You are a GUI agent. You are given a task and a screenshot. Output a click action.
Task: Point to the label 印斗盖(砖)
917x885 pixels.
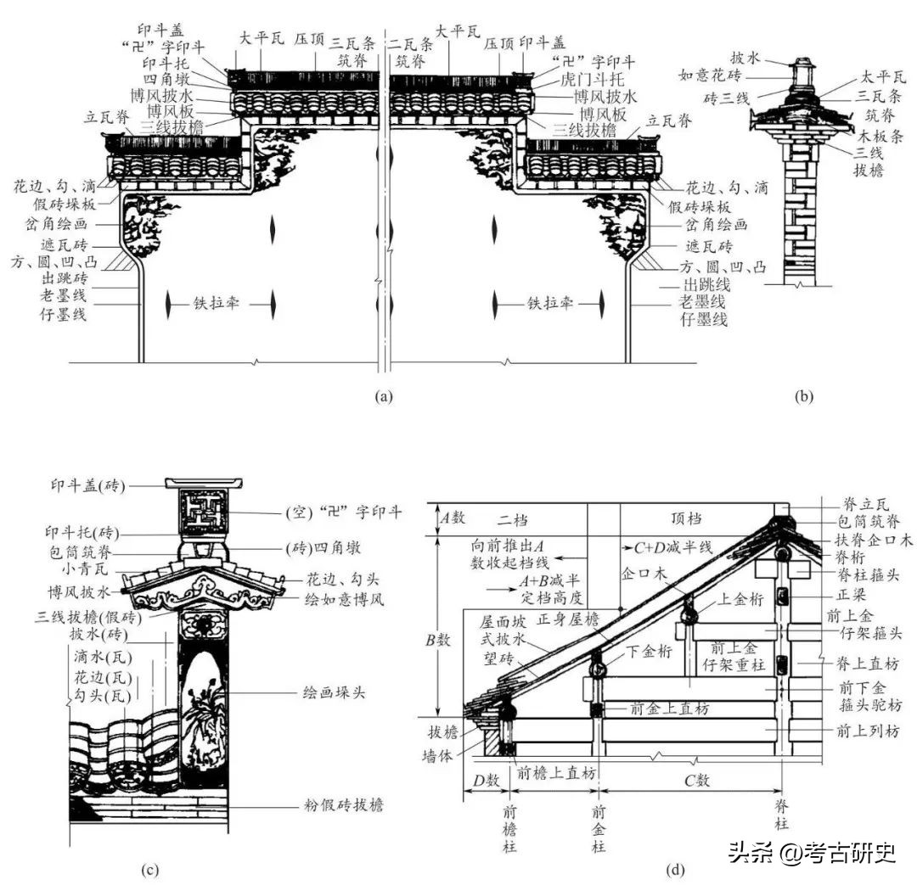point(86,485)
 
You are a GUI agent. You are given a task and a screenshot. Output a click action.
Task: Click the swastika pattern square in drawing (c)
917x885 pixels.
point(205,513)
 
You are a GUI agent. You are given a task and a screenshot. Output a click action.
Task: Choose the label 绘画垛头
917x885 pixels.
point(334,692)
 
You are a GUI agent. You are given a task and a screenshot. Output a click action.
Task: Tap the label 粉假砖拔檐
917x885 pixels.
point(343,805)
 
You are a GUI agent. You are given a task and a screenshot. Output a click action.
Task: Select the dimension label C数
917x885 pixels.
point(695,780)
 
